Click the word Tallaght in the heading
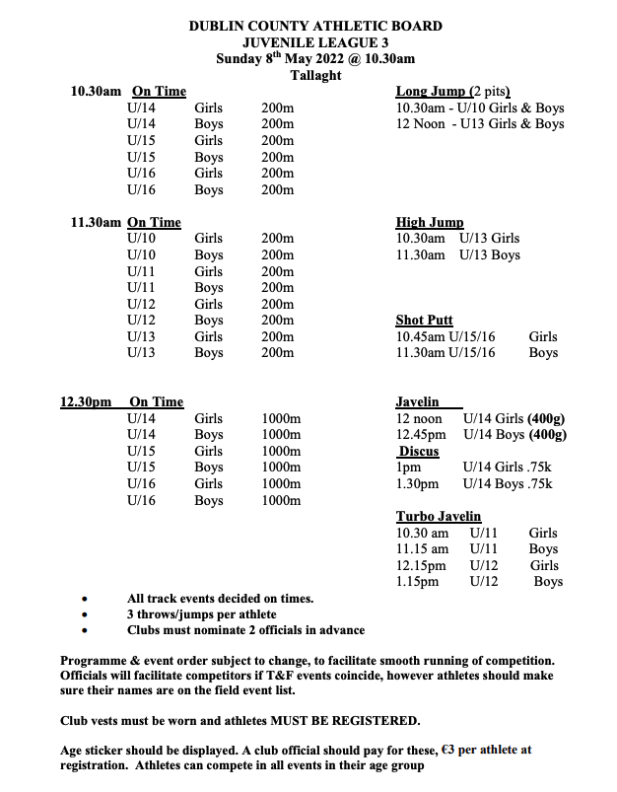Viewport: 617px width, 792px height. pos(315,75)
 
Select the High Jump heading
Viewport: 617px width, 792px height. pos(429,223)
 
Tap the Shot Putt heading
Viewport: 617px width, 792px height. pos(424,320)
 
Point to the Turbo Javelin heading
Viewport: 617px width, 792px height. pos(439,516)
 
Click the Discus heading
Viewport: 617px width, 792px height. pos(419,451)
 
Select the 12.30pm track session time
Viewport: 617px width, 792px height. pos(86,401)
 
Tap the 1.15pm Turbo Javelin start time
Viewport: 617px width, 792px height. pos(418,582)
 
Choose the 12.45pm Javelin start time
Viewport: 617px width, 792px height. pos(420,434)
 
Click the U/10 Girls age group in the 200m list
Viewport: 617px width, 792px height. pos(141,239)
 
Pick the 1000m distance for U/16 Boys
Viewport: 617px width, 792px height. pos(281,500)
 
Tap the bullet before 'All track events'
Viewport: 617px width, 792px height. pos(86,599)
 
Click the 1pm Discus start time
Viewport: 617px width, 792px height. pos(408,468)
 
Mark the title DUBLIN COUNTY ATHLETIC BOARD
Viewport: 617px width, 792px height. pos(315,26)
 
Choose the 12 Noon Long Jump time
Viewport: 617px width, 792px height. pos(419,124)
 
